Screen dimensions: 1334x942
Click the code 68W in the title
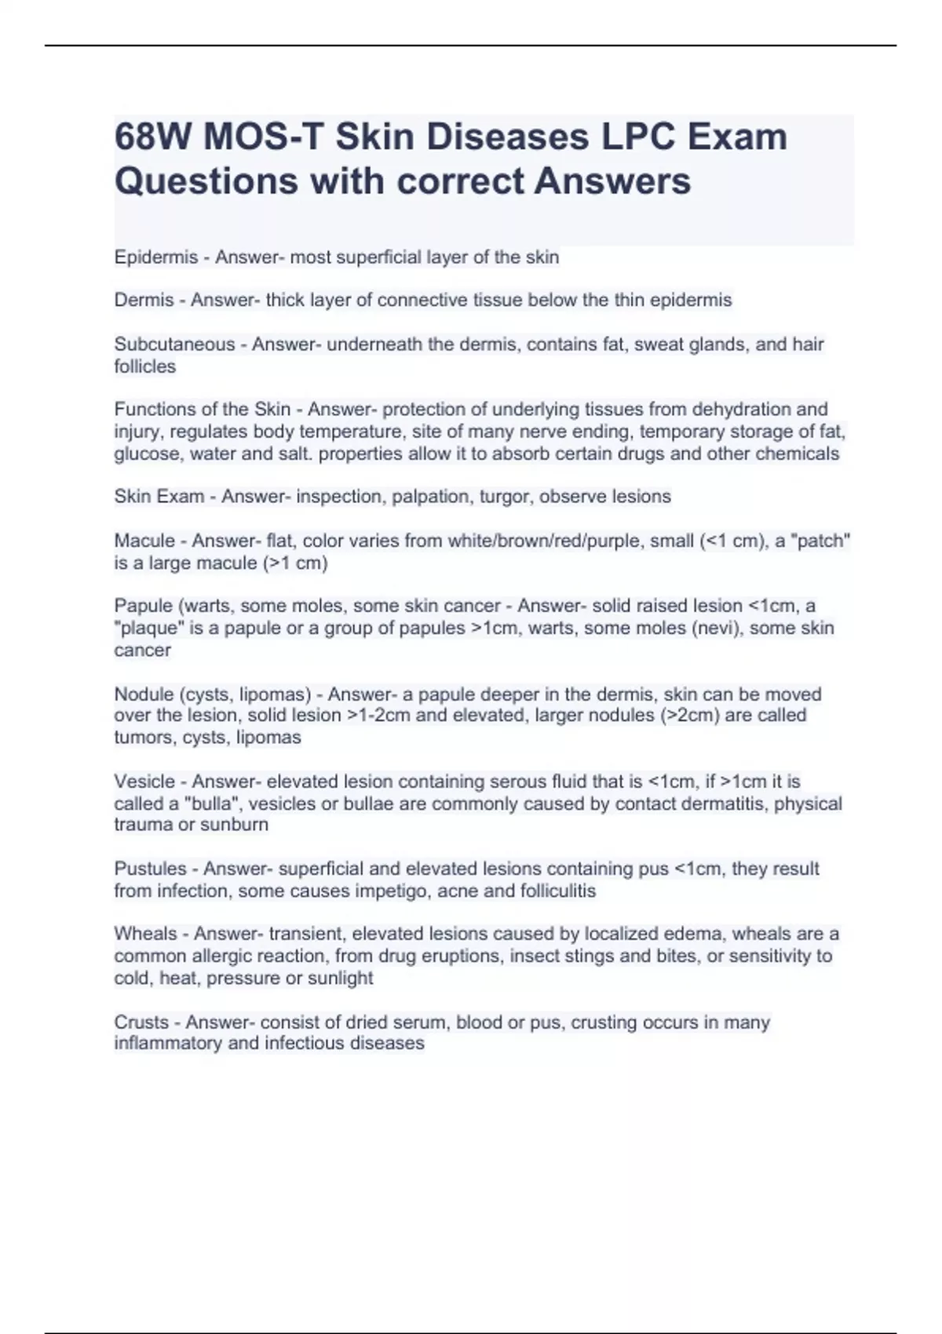point(152,137)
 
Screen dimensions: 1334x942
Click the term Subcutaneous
point(174,344)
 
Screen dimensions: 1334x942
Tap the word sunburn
point(235,824)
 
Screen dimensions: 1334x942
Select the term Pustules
point(150,869)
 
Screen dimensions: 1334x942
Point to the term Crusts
point(141,1022)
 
